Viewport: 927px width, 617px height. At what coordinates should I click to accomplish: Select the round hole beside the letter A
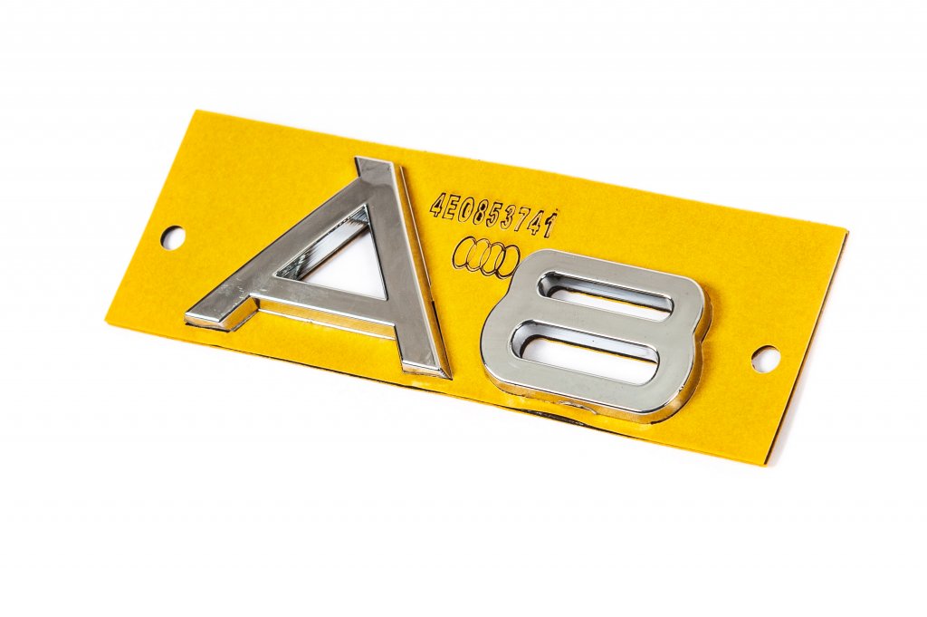(x=172, y=237)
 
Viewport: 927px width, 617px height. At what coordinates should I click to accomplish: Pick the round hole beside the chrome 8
(x=765, y=359)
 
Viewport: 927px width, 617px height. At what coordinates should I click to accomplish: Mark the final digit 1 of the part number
(x=551, y=224)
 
